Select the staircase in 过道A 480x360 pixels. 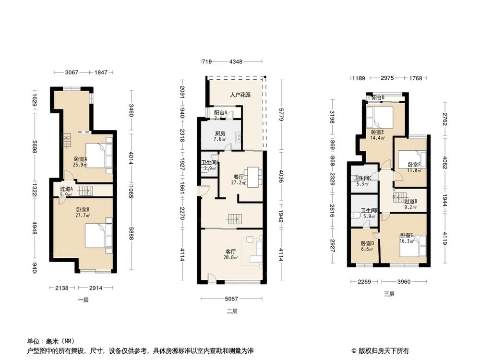tap(85, 191)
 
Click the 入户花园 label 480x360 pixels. tap(240, 95)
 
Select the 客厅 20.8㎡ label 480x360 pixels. tap(231, 254)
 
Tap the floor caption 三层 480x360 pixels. tap(389, 294)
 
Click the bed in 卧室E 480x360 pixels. tap(379, 116)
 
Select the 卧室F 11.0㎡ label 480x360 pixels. tap(410, 167)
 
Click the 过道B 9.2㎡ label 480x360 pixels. tap(410, 204)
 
